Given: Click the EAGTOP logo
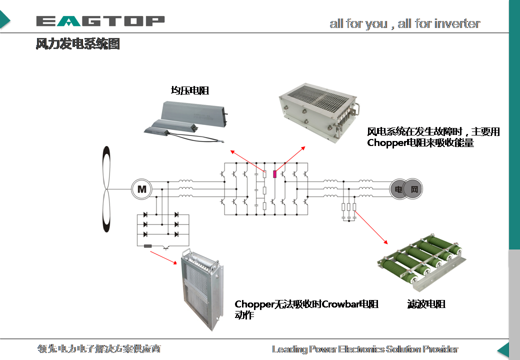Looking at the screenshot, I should [x=100, y=21].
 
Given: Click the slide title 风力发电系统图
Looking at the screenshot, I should [x=77, y=44].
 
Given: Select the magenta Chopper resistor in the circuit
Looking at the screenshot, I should [x=274, y=174].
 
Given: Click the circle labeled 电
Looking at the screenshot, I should [x=398, y=189].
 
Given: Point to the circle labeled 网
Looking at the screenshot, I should [x=413, y=189].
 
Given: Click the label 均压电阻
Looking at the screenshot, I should [x=189, y=90].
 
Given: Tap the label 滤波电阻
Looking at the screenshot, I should [x=426, y=304].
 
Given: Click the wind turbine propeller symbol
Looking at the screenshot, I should [x=106, y=189].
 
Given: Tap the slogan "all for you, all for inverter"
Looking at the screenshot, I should [x=404, y=23].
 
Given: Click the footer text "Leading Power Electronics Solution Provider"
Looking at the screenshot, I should [x=364, y=349].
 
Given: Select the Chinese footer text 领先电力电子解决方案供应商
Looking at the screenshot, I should [x=99, y=348].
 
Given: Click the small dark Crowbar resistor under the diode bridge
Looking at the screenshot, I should [x=148, y=246].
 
